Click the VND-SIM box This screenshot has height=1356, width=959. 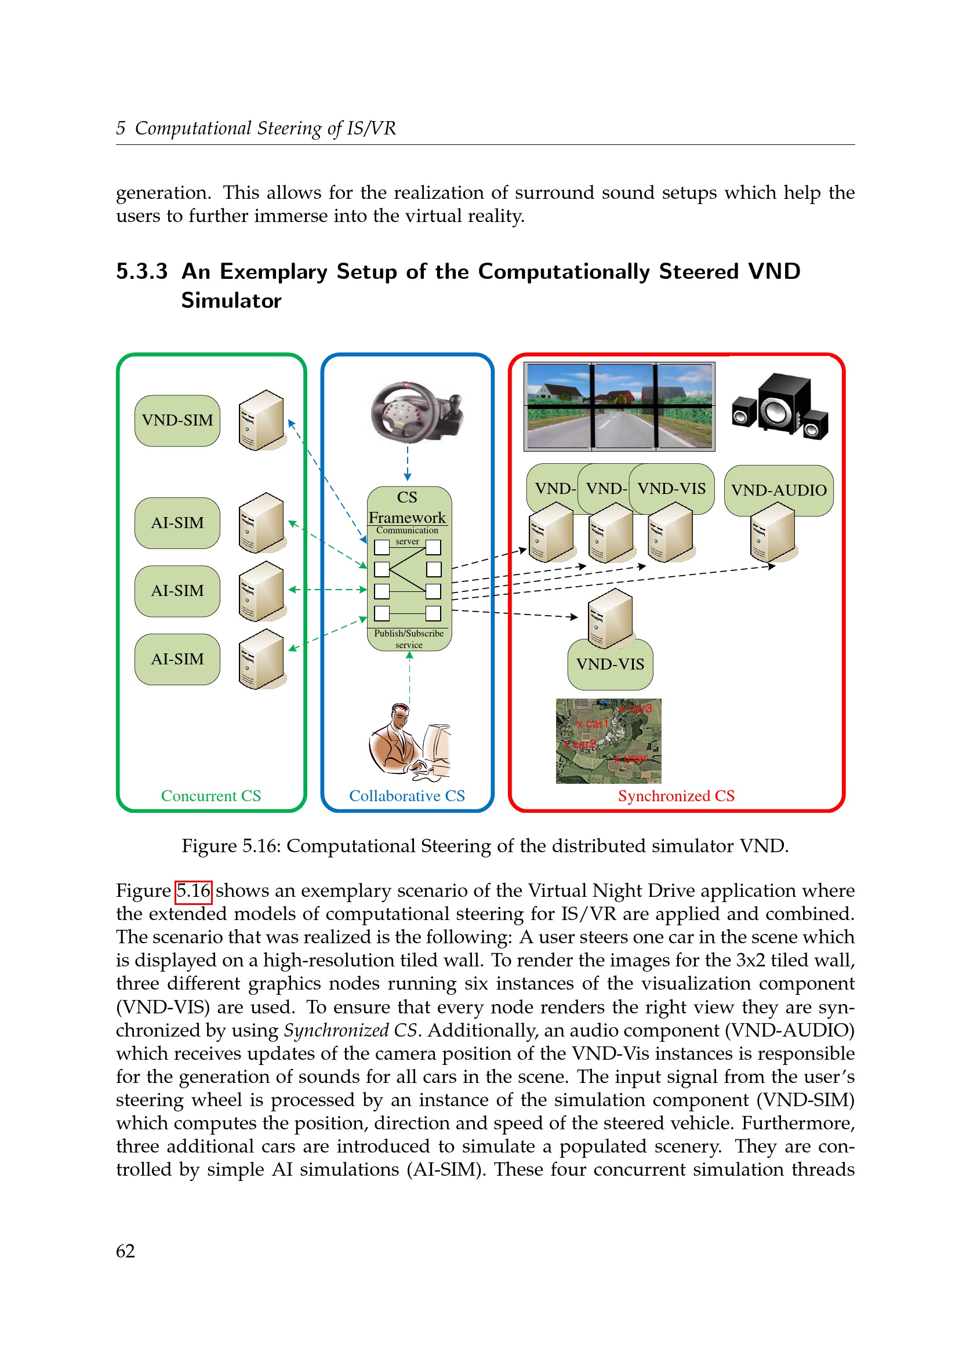[177, 420]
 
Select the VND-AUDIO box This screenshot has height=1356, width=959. [778, 490]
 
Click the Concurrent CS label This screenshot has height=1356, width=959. [211, 795]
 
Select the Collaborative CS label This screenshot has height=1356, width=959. [407, 795]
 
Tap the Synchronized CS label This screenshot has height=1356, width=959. [676, 795]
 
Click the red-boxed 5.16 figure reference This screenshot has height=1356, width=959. [194, 890]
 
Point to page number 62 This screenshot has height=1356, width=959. [125, 1251]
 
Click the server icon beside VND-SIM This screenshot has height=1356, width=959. [261, 420]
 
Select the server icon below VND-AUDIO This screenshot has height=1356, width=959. [772, 533]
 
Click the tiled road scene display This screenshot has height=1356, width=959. [619, 406]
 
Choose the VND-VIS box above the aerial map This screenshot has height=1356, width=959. [610, 664]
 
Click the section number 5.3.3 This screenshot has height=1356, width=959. [141, 272]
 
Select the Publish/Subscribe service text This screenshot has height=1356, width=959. [409, 639]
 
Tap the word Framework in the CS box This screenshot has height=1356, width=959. [407, 517]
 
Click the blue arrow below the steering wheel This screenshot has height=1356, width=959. [408, 463]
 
